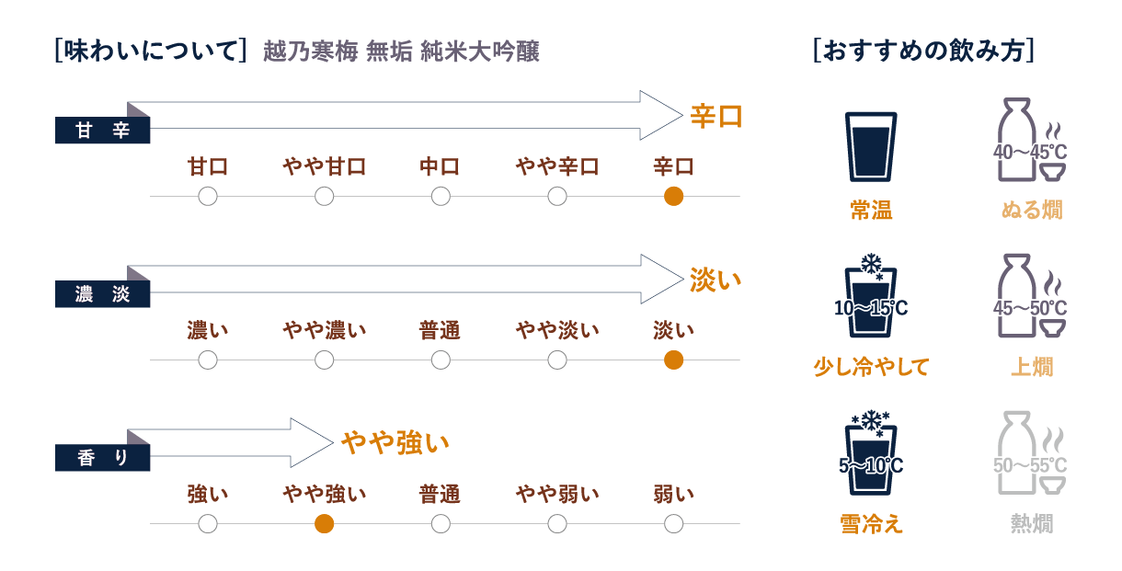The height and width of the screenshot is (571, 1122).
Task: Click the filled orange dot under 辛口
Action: [673, 197]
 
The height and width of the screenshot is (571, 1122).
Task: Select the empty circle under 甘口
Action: [207, 197]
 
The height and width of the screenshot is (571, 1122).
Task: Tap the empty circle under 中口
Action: [441, 197]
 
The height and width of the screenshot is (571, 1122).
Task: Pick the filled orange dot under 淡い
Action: [673, 360]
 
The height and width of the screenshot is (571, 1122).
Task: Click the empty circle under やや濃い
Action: [324, 360]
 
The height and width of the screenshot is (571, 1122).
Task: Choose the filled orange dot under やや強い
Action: [324, 524]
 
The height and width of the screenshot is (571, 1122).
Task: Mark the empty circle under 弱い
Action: [673, 524]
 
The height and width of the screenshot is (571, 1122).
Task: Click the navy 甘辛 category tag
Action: [103, 131]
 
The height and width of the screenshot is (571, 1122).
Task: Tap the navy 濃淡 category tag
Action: [103, 294]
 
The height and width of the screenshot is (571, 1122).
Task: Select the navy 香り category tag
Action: [103, 458]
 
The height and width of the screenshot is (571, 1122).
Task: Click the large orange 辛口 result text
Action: [716, 117]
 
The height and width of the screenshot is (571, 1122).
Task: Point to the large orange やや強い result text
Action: [395, 443]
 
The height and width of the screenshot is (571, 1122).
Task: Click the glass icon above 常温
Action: [871, 146]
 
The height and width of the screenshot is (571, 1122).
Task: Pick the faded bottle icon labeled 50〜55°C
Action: [1030, 452]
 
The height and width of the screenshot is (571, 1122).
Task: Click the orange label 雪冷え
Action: [871, 524]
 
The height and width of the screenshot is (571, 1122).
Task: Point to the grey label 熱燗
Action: [1032, 524]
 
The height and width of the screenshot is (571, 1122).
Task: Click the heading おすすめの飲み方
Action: [924, 51]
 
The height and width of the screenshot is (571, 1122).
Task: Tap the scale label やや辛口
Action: [557, 166]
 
